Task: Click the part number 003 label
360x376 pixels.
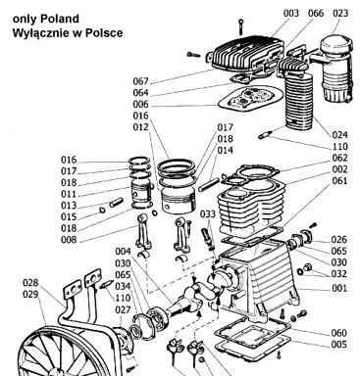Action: [x=291, y=14]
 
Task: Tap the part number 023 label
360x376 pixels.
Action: [x=340, y=14]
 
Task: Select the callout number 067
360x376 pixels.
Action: [x=140, y=81]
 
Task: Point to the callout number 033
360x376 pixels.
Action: [x=208, y=213]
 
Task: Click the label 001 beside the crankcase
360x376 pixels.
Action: [x=339, y=288]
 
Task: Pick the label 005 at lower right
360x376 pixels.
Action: [x=339, y=345]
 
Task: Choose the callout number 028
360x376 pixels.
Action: [x=30, y=283]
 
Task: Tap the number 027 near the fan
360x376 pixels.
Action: [x=123, y=309]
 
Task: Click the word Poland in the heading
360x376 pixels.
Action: [x=60, y=19]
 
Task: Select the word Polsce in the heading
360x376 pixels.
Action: [x=103, y=33]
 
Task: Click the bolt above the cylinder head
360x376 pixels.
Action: [x=241, y=26]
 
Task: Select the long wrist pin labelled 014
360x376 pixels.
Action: [x=207, y=185]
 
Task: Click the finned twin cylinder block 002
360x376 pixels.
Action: [x=251, y=204]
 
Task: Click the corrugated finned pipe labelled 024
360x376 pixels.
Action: [x=299, y=102]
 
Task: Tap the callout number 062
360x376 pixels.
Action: [x=339, y=158]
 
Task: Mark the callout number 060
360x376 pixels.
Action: [x=339, y=333]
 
